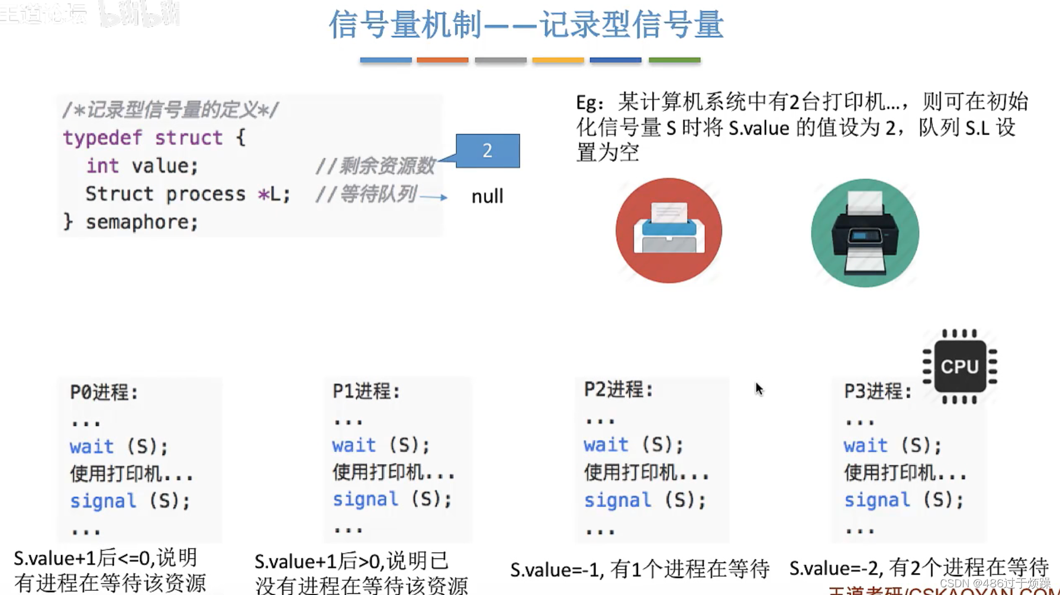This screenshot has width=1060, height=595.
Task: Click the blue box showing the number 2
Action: click(487, 151)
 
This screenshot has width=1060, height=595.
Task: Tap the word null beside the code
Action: click(487, 196)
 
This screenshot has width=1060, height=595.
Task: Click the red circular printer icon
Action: click(669, 231)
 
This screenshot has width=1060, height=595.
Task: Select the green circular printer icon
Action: click(865, 233)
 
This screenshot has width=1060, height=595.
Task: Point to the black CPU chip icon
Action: click(959, 367)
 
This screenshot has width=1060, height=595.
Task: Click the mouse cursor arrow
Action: click(759, 389)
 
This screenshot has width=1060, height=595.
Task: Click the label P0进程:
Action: click(104, 392)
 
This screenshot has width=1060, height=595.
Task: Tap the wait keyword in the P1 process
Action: click(354, 445)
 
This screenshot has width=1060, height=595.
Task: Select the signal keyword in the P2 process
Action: click(617, 500)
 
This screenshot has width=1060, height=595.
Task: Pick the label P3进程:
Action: click(878, 391)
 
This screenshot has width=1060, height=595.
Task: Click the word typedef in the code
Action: click(102, 138)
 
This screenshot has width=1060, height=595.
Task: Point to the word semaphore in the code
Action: click(141, 222)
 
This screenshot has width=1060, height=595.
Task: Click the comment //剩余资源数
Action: click(375, 166)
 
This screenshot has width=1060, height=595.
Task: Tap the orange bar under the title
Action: click(442, 60)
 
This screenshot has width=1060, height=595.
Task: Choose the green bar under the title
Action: click(674, 60)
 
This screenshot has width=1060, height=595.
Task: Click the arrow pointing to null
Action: click(434, 197)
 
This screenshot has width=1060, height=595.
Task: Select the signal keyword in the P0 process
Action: click(103, 502)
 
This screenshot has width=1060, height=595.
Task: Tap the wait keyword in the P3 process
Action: click(865, 445)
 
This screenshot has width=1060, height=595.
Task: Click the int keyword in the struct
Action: click(102, 166)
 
